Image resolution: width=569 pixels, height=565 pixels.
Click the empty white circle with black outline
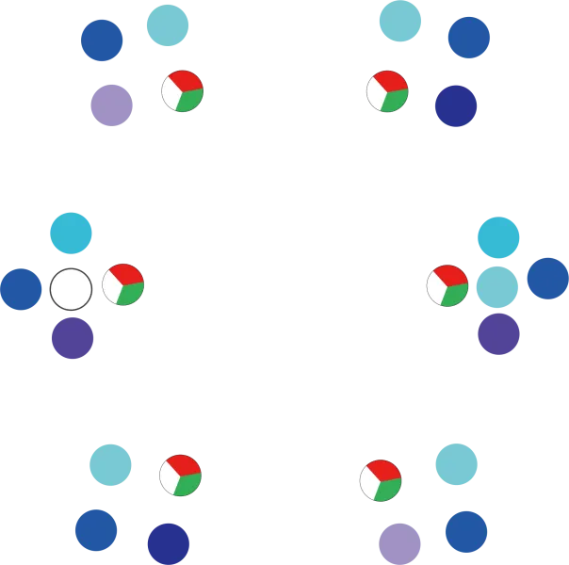coord(71,289)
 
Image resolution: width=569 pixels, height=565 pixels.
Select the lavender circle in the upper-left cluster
coord(112,105)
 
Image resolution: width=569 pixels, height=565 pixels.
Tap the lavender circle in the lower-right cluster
coord(399,542)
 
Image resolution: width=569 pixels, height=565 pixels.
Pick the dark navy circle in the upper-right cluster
coord(456,105)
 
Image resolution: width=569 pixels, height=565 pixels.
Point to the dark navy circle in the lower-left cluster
coord(168,543)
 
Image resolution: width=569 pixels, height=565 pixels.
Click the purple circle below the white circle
coord(73,337)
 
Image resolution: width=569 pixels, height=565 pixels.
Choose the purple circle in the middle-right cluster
coord(498,332)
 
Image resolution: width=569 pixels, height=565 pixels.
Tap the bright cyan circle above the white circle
coord(71,233)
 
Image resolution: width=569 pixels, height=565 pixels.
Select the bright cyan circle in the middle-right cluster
coord(498,237)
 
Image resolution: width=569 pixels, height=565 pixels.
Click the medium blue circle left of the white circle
coord(20,289)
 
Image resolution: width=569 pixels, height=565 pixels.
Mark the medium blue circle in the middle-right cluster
coord(547,279)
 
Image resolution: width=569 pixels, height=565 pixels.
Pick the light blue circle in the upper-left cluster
coord(167,24)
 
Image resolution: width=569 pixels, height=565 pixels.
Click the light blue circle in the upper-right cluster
coord(399,21)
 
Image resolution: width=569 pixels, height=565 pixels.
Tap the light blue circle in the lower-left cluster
coord(110,465)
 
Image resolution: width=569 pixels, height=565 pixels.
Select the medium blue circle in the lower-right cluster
coord(466,530)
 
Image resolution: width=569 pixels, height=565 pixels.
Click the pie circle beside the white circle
coord(123,284)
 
